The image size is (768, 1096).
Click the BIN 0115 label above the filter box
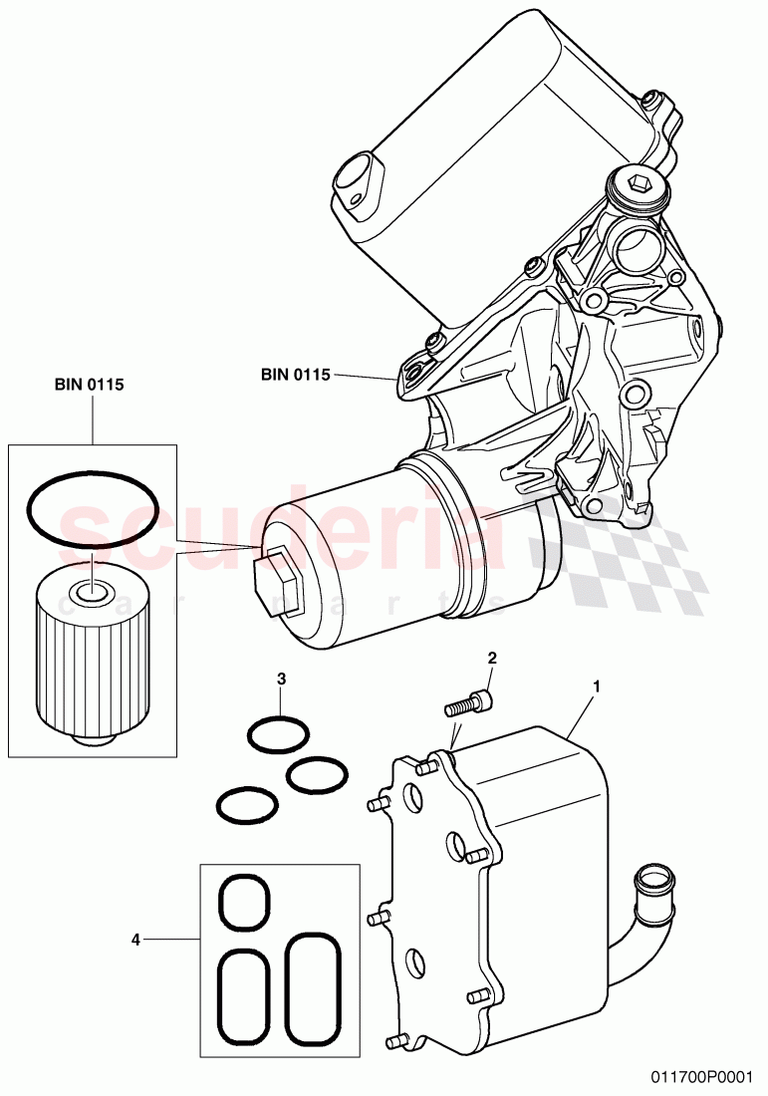click(x=90, y=385)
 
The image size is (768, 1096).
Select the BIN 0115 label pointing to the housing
click(x=295, y=375)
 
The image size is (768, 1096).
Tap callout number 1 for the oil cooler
click(x=596, y=686)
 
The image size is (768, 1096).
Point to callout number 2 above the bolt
click(x=490, y=658)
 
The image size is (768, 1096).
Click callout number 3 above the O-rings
click(x=281, y=679)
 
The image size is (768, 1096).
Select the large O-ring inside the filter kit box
click(x=92, y=510)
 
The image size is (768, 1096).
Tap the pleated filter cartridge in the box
click(x=92, y=659)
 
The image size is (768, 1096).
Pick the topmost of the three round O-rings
click(x=278, y=737)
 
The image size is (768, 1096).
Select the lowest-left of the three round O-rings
click(x=246, y=805)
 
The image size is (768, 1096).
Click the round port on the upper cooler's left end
click(x=355, y=181)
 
